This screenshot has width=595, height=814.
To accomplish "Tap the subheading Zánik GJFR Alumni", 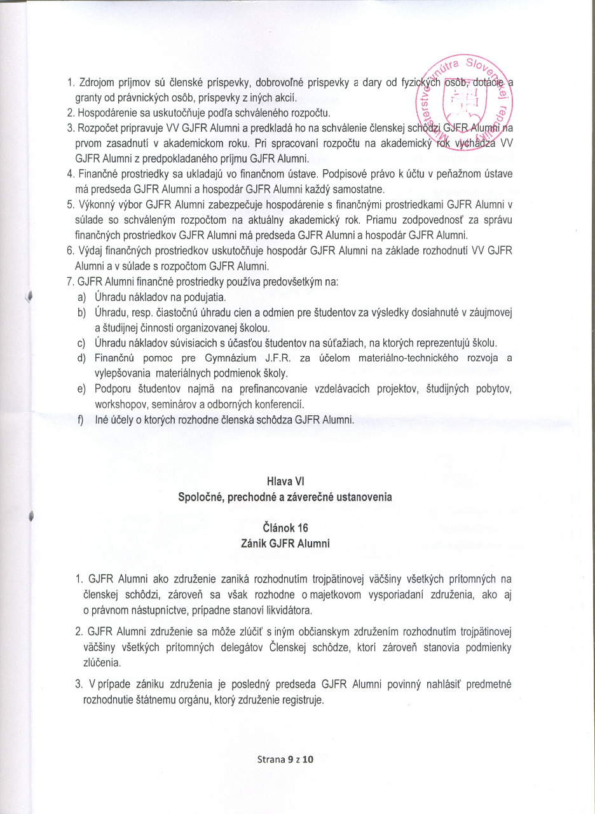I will [285, 543].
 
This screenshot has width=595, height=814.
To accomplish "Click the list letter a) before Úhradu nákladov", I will [82, 297].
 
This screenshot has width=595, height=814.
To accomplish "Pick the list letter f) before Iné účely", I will [82, 420].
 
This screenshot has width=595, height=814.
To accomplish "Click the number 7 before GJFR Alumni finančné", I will [70, 282].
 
